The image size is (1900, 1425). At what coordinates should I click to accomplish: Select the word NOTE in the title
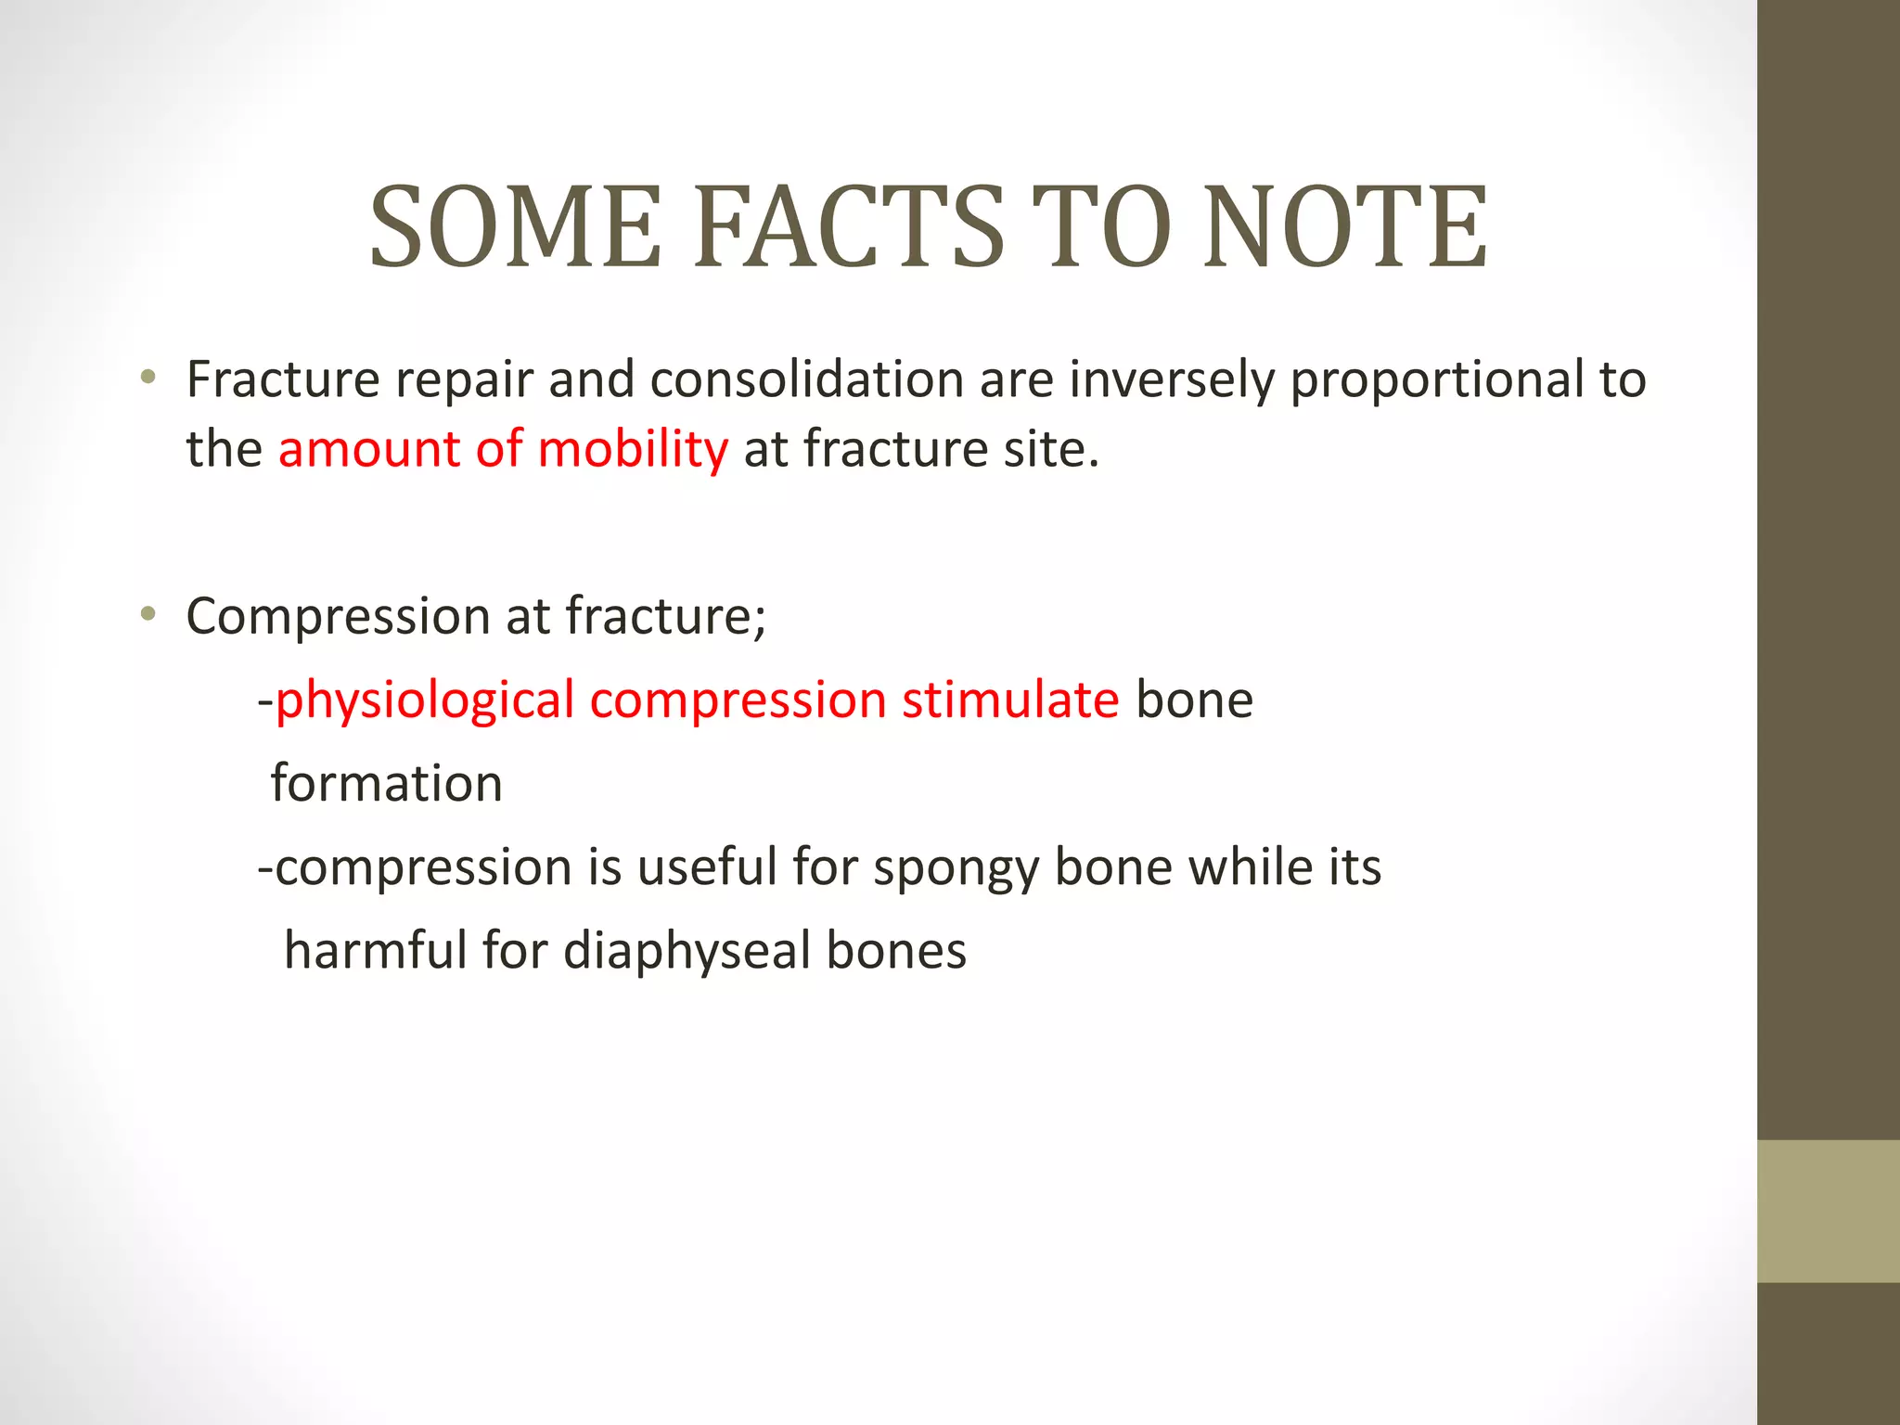click(x=1345, y=227)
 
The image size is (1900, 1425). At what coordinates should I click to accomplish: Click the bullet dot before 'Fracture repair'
click(x=148, y=378)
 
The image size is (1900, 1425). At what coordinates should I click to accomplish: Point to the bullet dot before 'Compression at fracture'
click(x=148, y=614)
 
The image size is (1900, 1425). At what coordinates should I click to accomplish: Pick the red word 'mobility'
click(x=633, y=450)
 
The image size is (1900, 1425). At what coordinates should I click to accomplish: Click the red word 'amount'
click(x=368, y=450)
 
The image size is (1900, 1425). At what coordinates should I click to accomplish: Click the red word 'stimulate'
click(x=1010, y=700)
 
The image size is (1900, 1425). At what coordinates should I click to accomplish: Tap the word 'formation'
click(x=386, y=783)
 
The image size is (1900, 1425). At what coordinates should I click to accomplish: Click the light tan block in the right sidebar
click(x=1828, y=1211)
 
